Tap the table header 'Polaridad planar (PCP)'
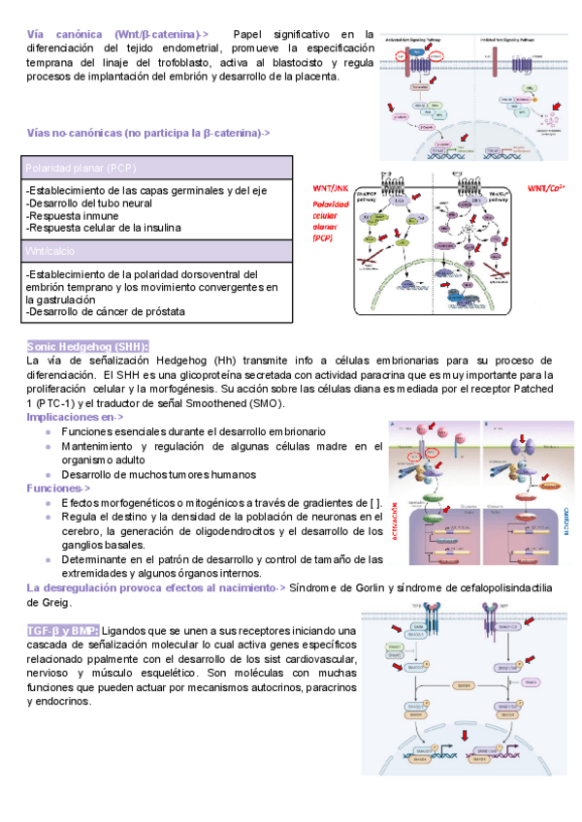[x=81, y=168]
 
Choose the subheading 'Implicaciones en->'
[x=75, y=417]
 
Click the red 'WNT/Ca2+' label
[x=548, y=187]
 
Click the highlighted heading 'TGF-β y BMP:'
[x=61, y=630]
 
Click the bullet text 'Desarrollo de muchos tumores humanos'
[x=158, y=475]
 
